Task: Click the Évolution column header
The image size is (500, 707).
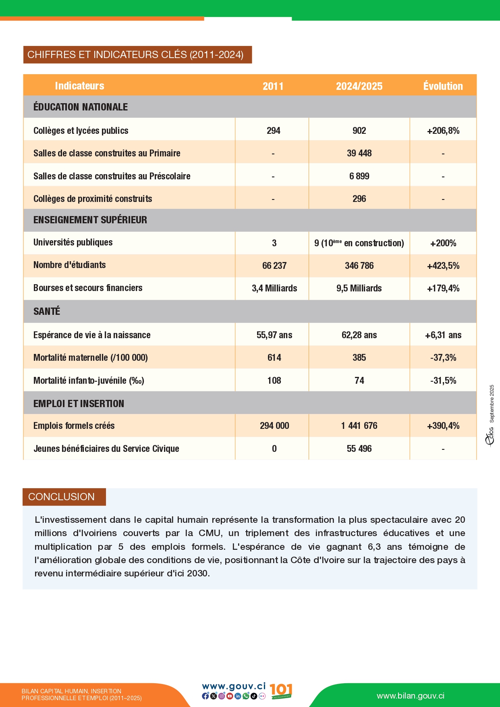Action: [443, 86]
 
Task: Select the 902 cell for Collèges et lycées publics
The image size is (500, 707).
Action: [359, 131]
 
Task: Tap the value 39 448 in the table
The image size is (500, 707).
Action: [359, 153]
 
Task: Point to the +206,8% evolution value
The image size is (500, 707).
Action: [443, 131]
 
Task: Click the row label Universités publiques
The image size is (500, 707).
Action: [73, 242]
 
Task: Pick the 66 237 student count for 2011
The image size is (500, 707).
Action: [274, 266]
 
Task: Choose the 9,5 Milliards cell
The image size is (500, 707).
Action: [359, 288]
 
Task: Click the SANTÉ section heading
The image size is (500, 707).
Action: [47, 311]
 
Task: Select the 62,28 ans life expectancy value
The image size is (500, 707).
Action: [359, 335]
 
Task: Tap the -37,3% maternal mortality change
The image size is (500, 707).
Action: [443, 358]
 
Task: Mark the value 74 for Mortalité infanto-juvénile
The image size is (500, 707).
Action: [359, 381]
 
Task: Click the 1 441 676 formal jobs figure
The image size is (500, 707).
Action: [359, 426]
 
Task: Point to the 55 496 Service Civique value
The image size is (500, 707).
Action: [359, 449]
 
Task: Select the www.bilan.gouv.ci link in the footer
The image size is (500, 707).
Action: [410, 696]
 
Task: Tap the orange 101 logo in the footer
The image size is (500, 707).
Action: [281, 690]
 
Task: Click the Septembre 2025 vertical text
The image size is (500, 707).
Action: [492, 403]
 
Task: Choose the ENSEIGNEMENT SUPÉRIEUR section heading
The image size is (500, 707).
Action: [90, 220]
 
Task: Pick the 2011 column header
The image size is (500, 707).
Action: [273, 86]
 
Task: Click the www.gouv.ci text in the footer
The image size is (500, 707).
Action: [234, 686]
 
